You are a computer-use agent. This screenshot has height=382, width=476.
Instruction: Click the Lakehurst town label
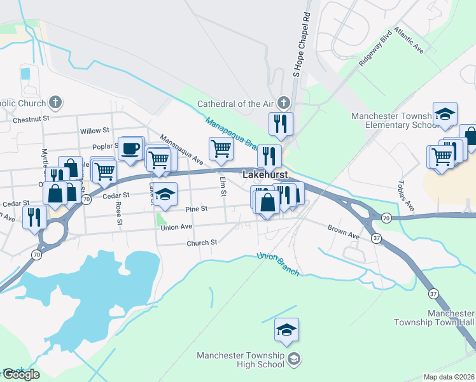tap(265, 174)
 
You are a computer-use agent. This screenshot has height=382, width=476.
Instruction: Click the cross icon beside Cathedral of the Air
tap(283, 103)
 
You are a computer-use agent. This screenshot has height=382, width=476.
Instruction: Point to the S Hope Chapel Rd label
tap(302, 45)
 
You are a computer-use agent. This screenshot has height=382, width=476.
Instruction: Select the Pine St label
tap(195, 209)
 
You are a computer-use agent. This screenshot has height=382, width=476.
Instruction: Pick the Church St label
tap(202, 243)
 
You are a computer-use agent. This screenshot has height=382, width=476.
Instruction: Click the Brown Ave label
tap(344, 232)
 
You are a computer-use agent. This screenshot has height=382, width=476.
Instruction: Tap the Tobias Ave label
tap(406, 197)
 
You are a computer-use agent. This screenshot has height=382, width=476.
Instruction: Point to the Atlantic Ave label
tap(409, 39)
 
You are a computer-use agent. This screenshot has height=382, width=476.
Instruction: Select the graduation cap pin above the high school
tap(287, 330)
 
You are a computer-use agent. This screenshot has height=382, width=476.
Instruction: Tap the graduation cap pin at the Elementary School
tap(445, 115)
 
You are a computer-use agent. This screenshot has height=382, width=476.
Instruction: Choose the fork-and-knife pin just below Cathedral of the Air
tap(281, 124)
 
